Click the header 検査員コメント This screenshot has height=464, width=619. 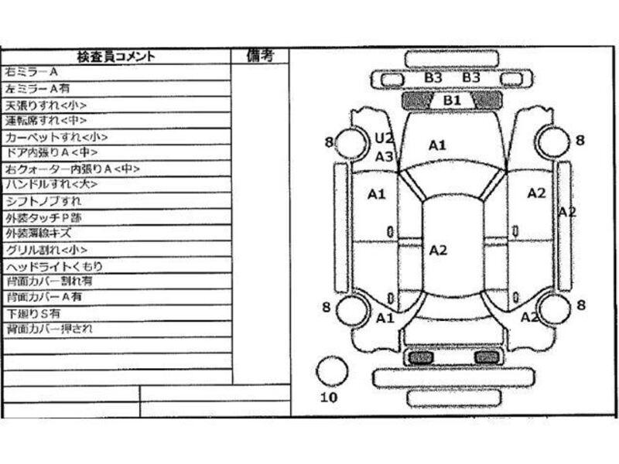point(116,56)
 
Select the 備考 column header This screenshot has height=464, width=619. point(260,56)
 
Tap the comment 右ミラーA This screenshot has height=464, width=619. point(32,72)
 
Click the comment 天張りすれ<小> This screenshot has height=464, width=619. point(46,104)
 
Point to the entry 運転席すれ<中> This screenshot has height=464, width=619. point(46,121)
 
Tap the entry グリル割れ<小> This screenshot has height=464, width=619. point(46,250)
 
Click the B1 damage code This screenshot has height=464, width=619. point(452,101)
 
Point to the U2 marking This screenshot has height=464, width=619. point(385,138)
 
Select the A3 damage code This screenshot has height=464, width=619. point(385,156)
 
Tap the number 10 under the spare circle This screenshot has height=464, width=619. point(329,397)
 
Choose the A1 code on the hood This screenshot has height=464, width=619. point(438,145)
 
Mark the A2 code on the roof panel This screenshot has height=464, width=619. point(439,249)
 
